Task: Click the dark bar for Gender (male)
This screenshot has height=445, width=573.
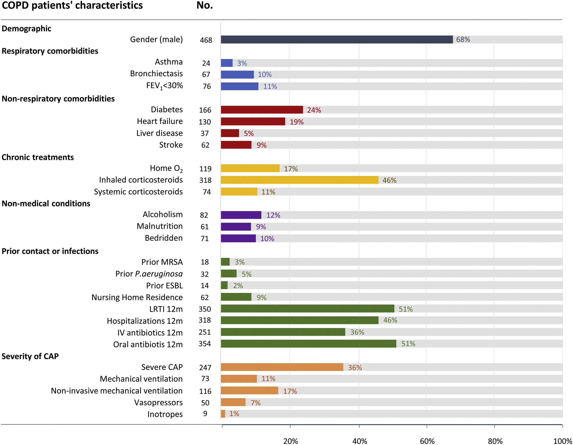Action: click(337, 40)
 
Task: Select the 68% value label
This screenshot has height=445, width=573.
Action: click(463, 40)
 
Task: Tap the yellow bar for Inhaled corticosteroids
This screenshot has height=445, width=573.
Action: click(299, 180)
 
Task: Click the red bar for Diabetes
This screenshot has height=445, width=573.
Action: click(262, 110)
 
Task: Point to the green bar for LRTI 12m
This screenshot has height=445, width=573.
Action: click(307, 309)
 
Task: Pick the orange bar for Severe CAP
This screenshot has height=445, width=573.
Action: click(282, 367)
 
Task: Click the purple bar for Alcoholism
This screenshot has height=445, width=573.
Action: click(241, 215)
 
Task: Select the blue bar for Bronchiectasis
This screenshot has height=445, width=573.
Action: click(237, 74)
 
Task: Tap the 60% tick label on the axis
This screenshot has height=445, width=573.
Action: click(427, 441)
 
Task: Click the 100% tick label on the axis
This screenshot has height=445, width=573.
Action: click(562, 441)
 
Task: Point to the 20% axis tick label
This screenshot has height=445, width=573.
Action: click(290, 441)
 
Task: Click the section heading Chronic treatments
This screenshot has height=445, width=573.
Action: click(38, 157)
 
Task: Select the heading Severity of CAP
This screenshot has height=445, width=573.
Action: click(30, 356)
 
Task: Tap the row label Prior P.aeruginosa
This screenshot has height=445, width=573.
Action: click(149, 274)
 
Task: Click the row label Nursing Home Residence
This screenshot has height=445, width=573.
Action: click(137, 297)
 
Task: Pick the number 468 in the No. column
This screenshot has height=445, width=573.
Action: click(206, 40)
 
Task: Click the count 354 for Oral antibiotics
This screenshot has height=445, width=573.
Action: click(205, 344)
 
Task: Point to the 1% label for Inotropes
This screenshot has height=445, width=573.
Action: click(234, 414)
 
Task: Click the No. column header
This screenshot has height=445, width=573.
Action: click(204, 5)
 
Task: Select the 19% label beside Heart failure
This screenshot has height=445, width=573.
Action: click(297, 122)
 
